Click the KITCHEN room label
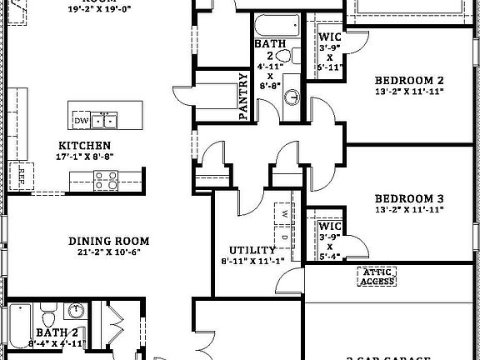coord(82,145)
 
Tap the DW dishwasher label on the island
coord(81,122)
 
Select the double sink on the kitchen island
coord(105,122)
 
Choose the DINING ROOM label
coord(103,241)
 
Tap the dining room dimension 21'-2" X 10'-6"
coord(103,252)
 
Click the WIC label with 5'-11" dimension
coord(329,37)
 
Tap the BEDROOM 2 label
coord(408,80)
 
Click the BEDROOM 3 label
coord(408,198)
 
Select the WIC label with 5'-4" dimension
coord(329,226)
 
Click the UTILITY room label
coord(252,250)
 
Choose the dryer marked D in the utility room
coord(284,236)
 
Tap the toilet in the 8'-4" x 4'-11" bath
coord(48,317)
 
